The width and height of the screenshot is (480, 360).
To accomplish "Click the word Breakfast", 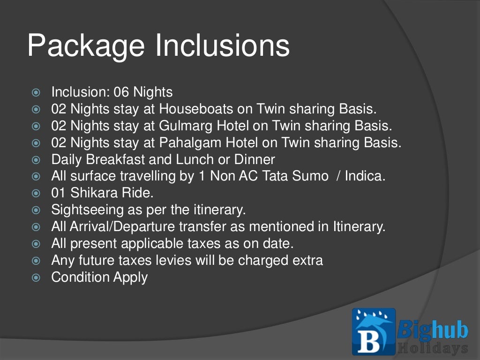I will click(x=115, y=159).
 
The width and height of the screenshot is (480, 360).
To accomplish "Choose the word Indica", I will click(x=365, y=176).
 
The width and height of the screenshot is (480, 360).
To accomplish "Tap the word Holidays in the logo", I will click(x=433, y=348).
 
